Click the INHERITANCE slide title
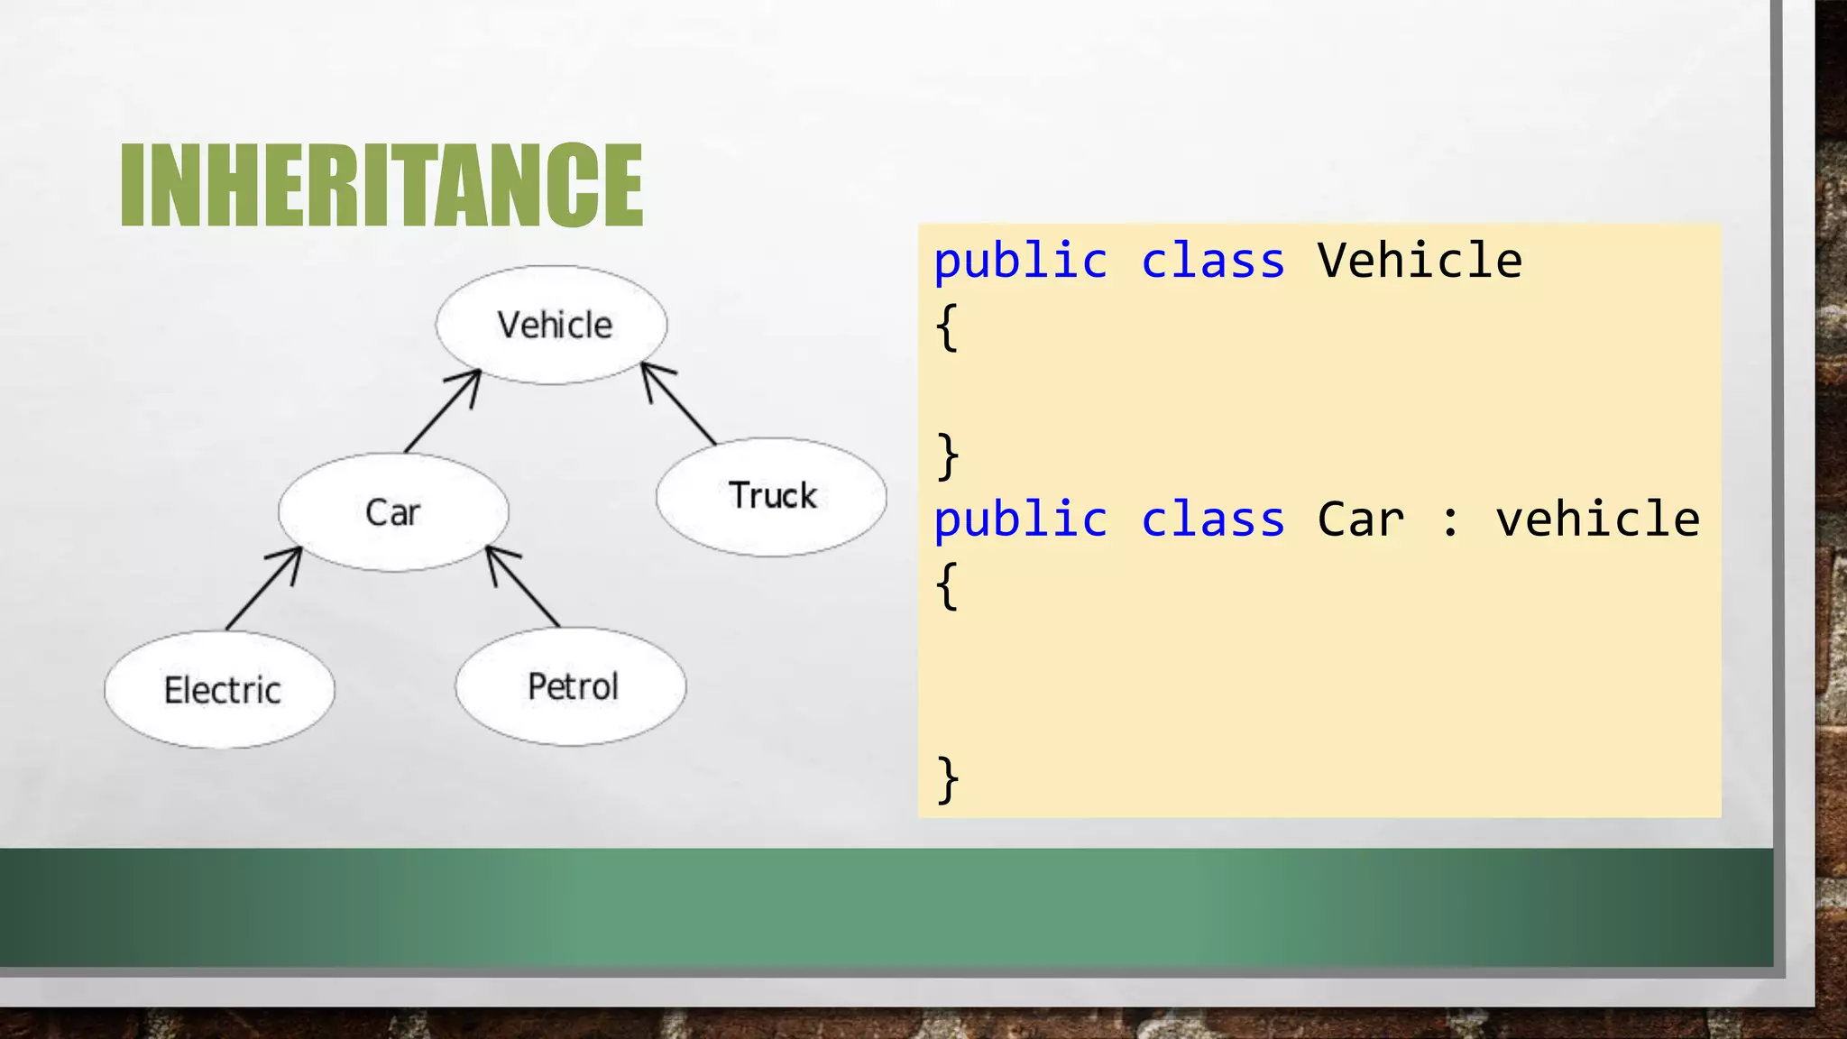[381, 185]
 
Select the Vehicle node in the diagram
[552, 325]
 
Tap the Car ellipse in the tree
[393, 512]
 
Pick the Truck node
[771, 496]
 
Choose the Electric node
[220, 690]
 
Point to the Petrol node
[571, 686]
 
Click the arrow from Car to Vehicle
[442, 411]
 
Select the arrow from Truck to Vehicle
[678, 403]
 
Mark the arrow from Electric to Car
[263, 589]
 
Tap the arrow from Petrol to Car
[522, 586]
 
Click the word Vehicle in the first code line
[1420, 262]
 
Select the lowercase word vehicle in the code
[1597, 519]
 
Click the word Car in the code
[1360, 519]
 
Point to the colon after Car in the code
[1449, 521]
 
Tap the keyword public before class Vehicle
[1020, 262]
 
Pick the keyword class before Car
[1212, 519]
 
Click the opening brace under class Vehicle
[947, 326]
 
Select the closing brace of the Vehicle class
[947, 455]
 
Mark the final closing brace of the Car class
[947, 778]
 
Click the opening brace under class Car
[947, 585]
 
